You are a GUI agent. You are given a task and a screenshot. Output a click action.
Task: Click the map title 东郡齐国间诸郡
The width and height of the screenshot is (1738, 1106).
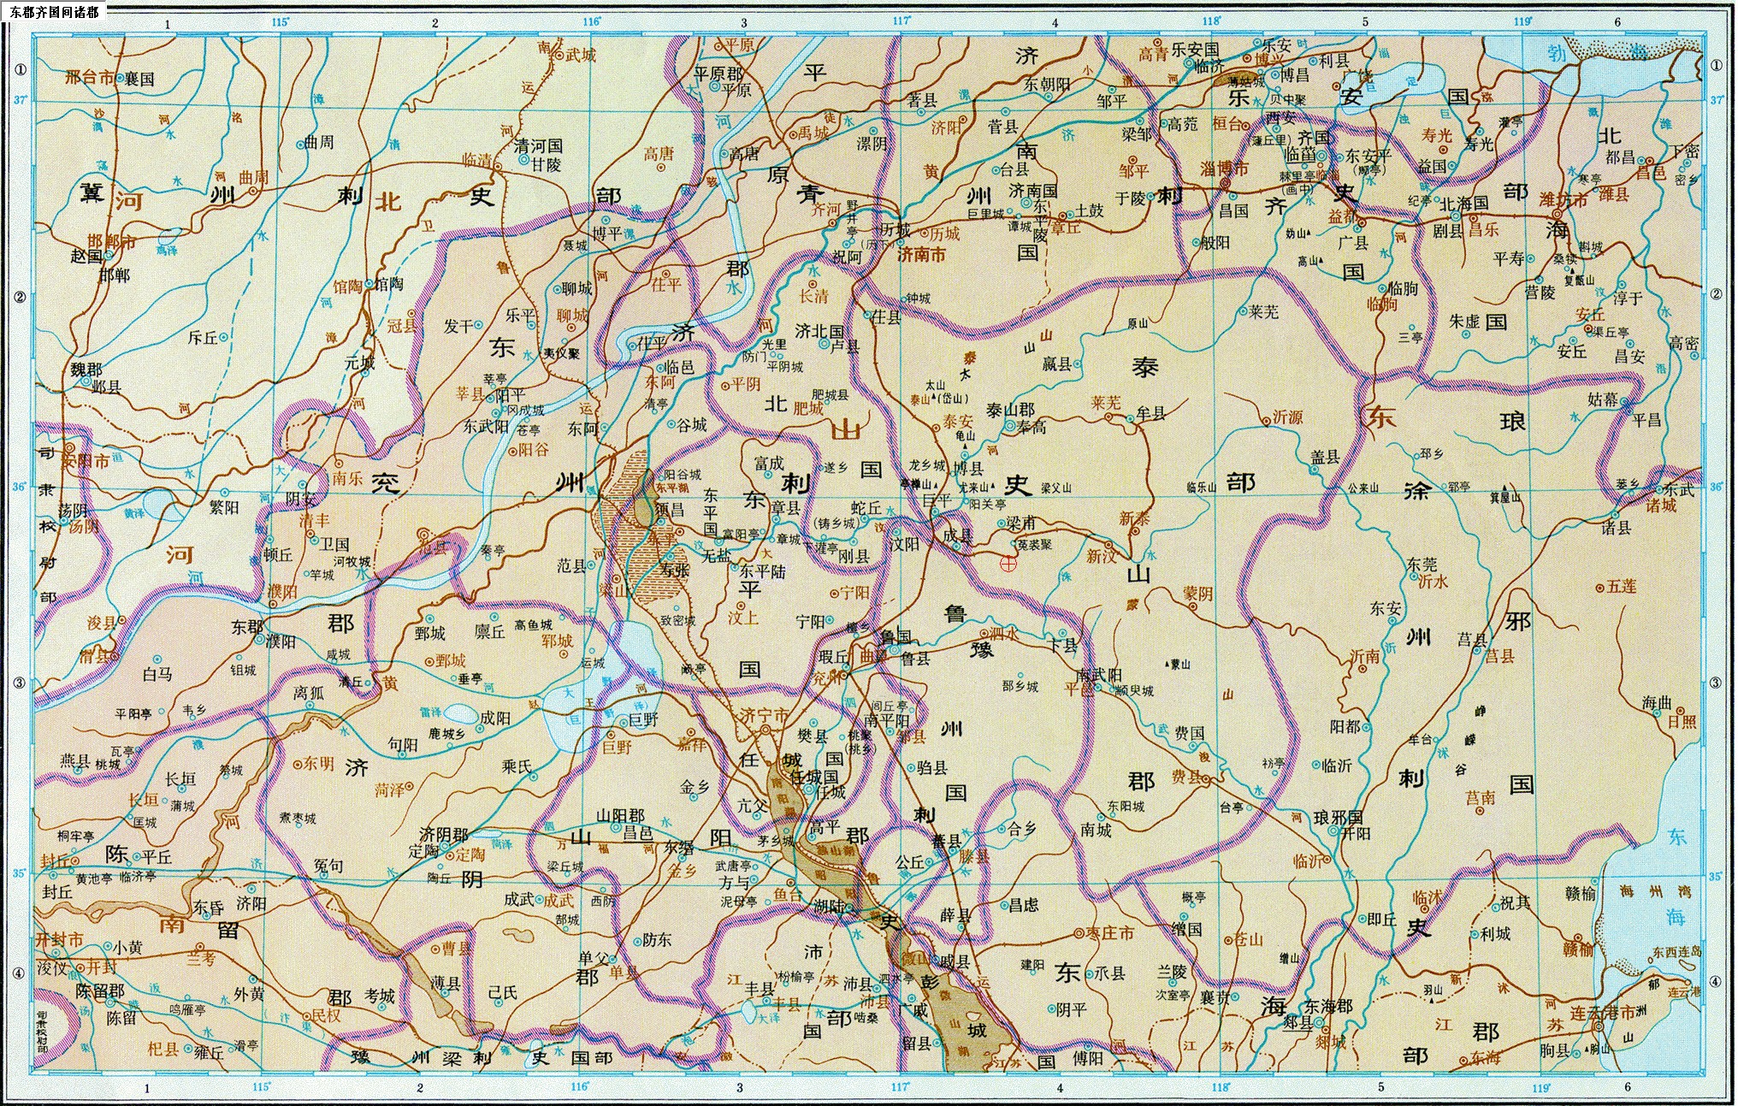54,12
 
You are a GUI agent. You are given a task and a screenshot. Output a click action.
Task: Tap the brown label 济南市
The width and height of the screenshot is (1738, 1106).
920,254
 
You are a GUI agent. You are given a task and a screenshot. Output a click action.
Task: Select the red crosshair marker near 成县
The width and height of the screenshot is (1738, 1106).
1008,563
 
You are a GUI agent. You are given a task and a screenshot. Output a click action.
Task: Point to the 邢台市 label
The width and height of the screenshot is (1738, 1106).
90,77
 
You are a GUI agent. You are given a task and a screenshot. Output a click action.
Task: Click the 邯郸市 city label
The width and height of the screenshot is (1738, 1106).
111,242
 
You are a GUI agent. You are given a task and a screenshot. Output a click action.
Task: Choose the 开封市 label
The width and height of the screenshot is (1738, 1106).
60,940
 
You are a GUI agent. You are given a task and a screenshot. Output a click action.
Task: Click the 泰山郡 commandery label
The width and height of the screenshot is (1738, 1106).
1010,411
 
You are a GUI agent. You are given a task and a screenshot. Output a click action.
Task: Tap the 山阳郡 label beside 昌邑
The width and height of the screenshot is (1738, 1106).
620,816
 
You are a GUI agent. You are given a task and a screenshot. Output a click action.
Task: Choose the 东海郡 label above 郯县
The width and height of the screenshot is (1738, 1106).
1327,1007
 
